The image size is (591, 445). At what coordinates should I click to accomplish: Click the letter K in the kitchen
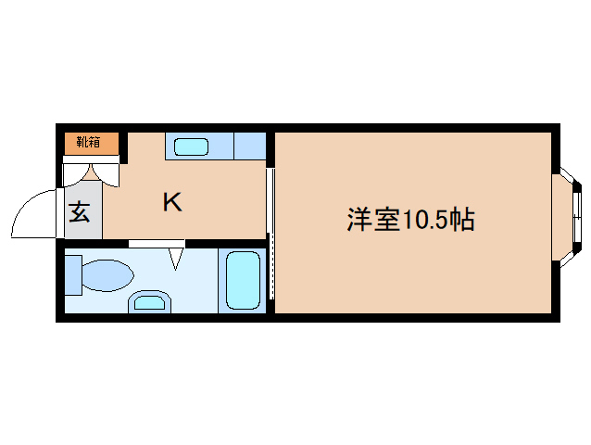coord(172,202)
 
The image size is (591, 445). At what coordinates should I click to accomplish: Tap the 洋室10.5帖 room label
coord(411,220)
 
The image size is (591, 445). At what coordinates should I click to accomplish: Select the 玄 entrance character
coord(80,212)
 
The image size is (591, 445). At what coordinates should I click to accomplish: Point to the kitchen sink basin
coord(192,146)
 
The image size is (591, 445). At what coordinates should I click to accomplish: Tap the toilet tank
coord(73,275)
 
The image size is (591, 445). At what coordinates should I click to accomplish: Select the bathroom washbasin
coord(149,300)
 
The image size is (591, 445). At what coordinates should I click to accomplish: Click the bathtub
coord(244,279)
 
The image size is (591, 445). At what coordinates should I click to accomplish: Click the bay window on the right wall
coord(568,215)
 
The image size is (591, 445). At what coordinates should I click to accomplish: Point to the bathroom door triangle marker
coord(176,256)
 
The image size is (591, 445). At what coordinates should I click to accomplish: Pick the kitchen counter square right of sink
coord(249,146)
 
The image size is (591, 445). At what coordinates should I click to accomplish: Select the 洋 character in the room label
coord(359,220)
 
